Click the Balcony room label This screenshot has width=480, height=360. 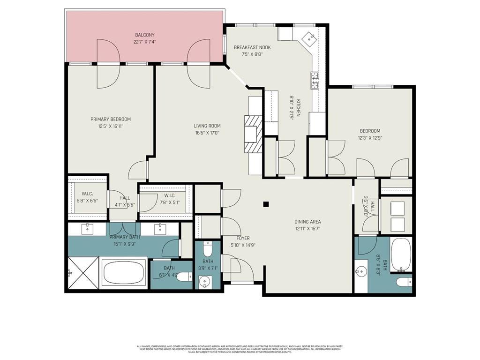[x=144, y=35]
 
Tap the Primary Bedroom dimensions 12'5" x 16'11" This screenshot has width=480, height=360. [x=111, y=126]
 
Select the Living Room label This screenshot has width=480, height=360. [x=207, y=126]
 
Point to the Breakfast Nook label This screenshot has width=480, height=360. [x=252, y=47]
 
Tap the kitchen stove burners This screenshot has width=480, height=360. [x=315, y=80]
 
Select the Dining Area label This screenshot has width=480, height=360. [x=307, y=222]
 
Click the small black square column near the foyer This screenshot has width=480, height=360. [x=266, y=204]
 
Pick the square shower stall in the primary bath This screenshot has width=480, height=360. [x=82, y=273]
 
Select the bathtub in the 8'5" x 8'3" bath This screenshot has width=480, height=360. [x=401, y=255]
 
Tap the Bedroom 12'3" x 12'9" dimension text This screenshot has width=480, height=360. [x=370, y=138]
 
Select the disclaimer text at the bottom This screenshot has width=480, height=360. [x=240, y=349]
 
